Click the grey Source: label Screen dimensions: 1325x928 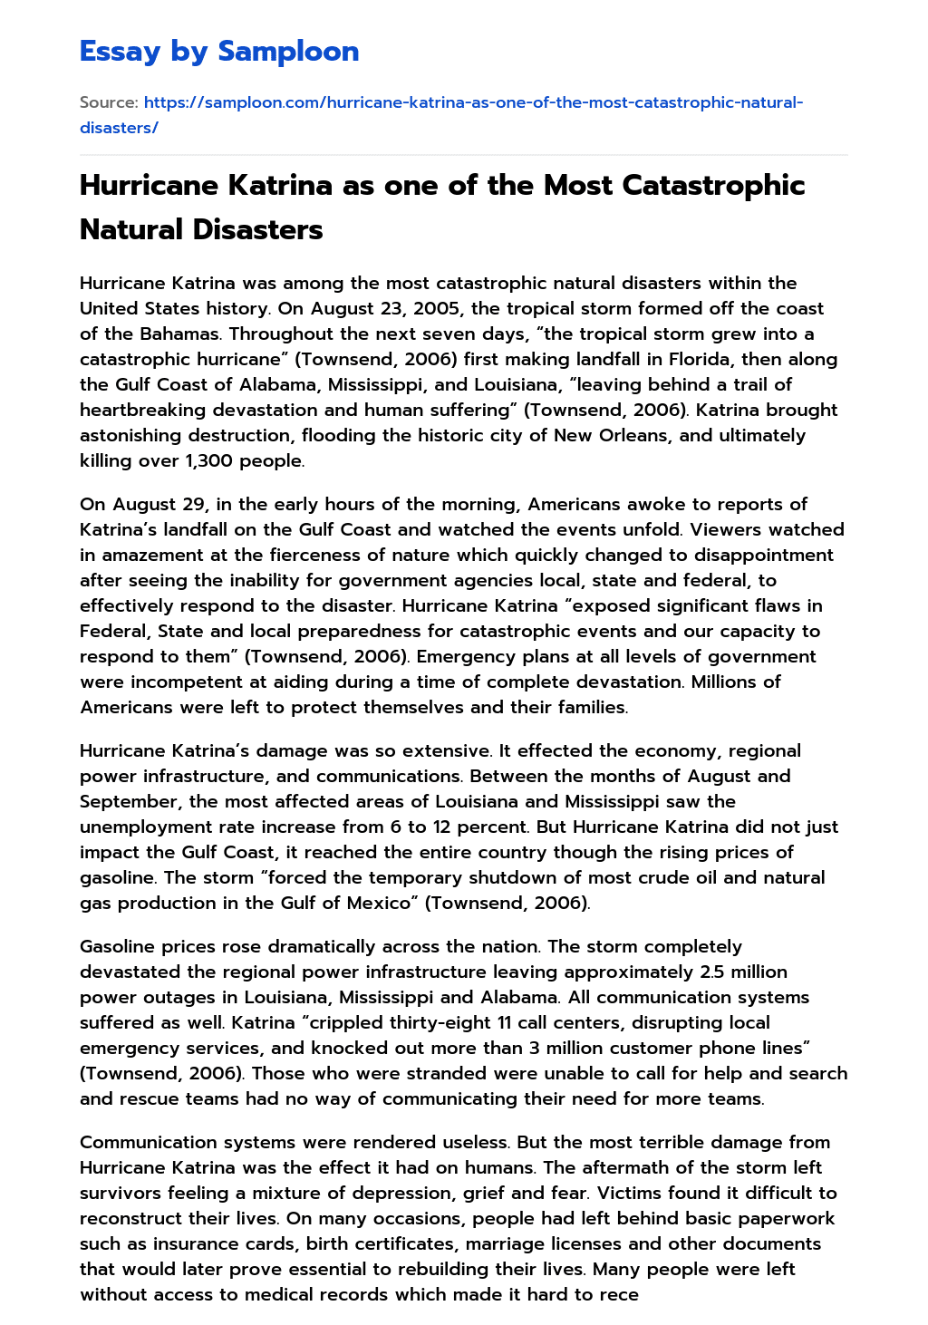click(109, 102)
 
